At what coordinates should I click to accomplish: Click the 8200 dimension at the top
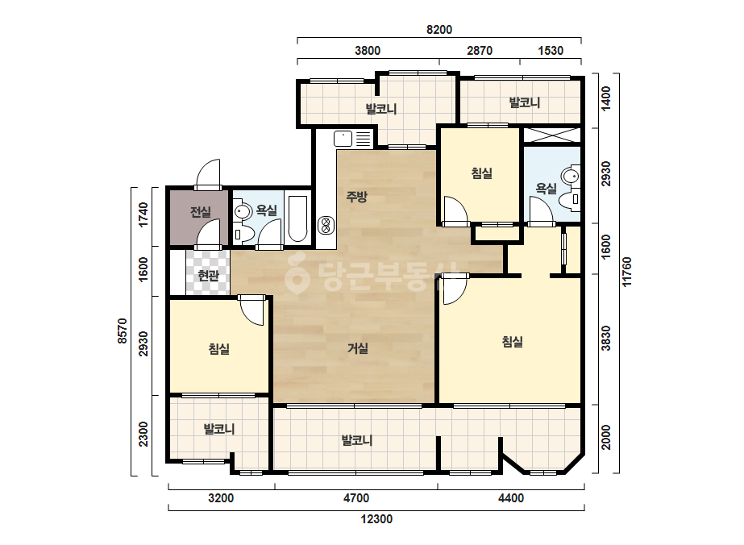(x=439, y=30)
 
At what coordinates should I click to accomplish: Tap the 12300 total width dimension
(x=376, y=519)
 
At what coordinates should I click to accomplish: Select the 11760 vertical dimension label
(x=627, y=272)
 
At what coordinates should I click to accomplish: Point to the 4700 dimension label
(x=355, y=498)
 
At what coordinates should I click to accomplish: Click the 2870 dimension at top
(x=480, y=50)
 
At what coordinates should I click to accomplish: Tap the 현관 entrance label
(x=208, y=276)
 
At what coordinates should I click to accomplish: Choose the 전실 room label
(x=200, y=212)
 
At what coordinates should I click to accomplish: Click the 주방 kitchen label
(x=356, y=196)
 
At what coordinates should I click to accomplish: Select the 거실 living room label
(x=358, y=348)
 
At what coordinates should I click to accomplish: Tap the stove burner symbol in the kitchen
(x=326, y=225)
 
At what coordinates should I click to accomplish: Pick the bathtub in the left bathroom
(x=297, y=218)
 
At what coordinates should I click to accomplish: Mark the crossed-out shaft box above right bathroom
(x=552, y=135)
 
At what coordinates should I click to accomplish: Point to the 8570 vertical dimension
(x=122, y=331)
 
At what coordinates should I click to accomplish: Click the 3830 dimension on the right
(x=606, y=338)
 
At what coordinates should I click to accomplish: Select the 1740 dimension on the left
(x=143, y=214)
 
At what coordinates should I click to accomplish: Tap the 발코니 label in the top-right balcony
(x=524, y=102)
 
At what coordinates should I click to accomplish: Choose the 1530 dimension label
(x=551, y=50)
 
